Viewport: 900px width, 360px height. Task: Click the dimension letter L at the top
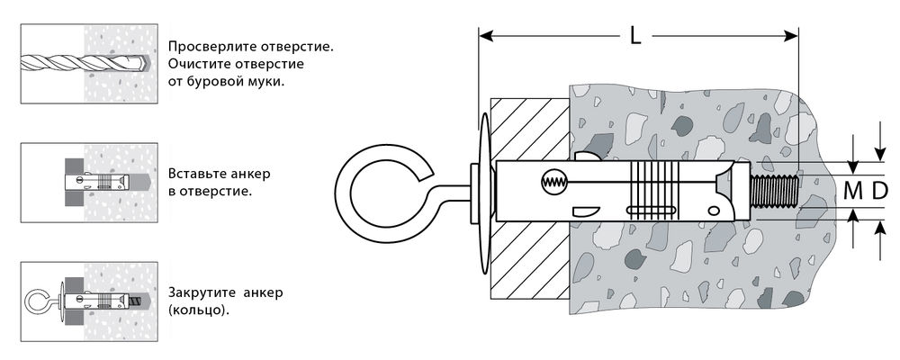635,37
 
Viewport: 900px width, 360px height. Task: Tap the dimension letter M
851,190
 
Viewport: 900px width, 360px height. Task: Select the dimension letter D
879,190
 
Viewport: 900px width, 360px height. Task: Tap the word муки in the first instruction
265,80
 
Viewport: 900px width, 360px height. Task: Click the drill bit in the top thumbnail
81,63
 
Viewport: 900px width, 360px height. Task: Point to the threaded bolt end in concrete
773,191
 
